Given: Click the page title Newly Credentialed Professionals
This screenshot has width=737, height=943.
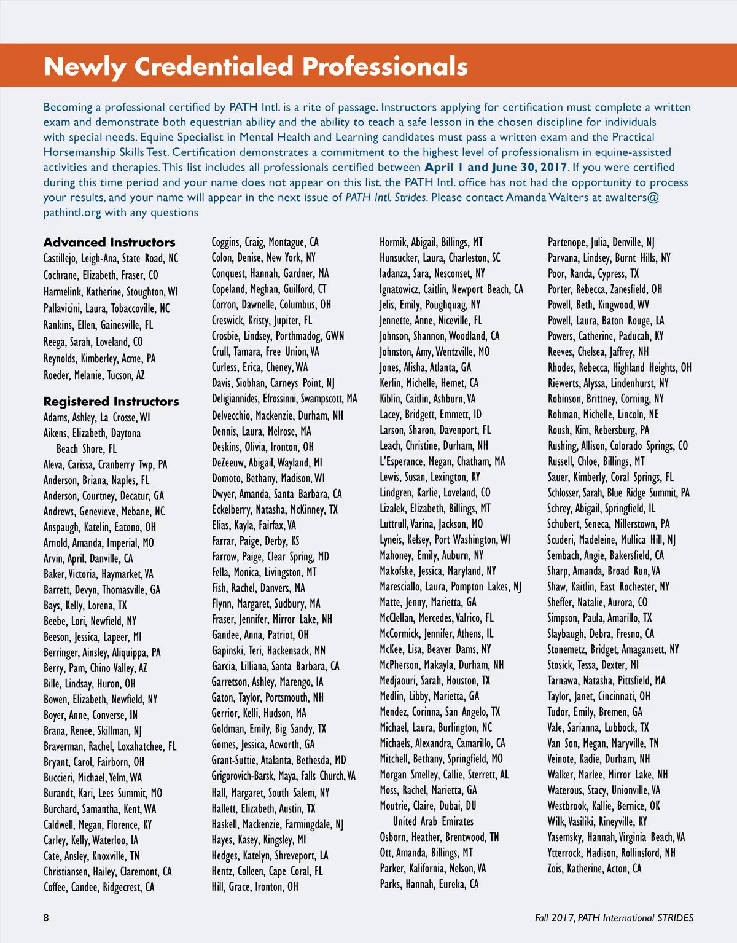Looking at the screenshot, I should tap(255, 66).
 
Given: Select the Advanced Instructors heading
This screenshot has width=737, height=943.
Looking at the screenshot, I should tap(109, 242).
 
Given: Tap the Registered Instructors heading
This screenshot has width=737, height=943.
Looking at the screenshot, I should tap(111, 401).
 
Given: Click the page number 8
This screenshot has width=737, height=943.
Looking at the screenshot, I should tap(46, 918).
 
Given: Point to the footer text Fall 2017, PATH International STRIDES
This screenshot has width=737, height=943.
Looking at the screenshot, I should tap(614, 918).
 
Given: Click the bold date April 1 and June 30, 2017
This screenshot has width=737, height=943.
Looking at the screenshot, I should tap(496, 167).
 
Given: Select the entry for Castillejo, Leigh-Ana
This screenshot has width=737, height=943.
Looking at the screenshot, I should tap(111, 259).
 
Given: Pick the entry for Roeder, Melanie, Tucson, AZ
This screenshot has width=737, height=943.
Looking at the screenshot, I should tap(94, 375).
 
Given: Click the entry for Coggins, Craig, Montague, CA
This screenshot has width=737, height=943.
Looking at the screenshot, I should tap(265, 242).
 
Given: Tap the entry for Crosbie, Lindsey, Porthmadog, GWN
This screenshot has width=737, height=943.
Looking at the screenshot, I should tap(278, 336).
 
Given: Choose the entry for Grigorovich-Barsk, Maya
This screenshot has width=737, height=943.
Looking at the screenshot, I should tap(283, 776).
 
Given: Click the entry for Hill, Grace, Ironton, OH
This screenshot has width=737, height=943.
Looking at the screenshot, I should tap(255, 886).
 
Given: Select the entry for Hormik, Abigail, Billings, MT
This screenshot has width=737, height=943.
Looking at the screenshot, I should tap(431, 242).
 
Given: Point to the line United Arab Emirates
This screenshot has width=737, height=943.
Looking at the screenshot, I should tap(433, 821).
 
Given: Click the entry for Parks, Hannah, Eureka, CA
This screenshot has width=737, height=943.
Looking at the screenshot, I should tap(429, 884).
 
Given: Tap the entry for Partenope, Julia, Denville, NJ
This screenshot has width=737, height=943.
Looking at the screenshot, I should tap(601, 242).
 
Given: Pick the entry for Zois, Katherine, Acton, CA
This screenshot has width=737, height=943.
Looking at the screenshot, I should tap(595, 869).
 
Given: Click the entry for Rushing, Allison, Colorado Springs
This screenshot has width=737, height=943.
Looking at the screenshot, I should tap(618, 446).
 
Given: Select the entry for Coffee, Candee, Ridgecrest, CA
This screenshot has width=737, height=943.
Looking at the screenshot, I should tap(99, 887).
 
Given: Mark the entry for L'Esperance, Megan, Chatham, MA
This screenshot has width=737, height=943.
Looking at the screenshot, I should tap(442, 461).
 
